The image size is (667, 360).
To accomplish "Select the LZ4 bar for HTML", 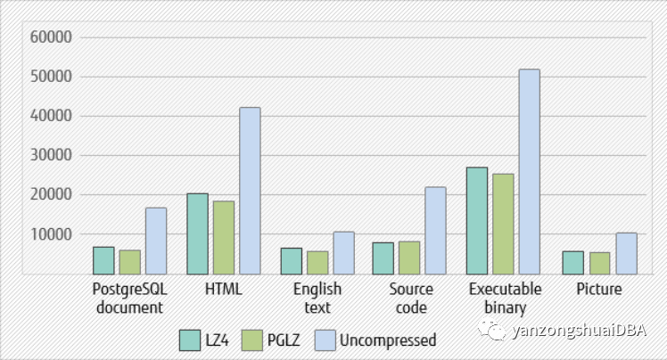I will tap(197, 233).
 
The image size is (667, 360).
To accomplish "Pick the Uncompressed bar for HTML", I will tap(250, 191).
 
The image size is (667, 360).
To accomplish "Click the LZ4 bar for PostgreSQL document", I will tap(103, 260).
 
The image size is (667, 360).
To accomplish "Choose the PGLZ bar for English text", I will tap(317, 262).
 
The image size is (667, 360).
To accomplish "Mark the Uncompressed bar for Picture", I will tap(625, 253).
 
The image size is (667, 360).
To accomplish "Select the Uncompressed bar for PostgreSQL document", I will tap(156, 241).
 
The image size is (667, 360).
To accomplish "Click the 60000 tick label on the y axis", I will tap(50, 37).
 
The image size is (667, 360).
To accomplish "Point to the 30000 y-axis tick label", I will tap(50, 155).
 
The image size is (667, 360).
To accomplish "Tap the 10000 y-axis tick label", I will tap(50, 233).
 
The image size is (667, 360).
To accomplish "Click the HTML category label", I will tap(223, 290).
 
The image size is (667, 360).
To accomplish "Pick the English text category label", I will tap(317, 299).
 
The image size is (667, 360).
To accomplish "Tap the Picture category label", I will tap(598, 290).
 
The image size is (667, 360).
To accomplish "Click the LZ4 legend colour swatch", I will tap(190, 340).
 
